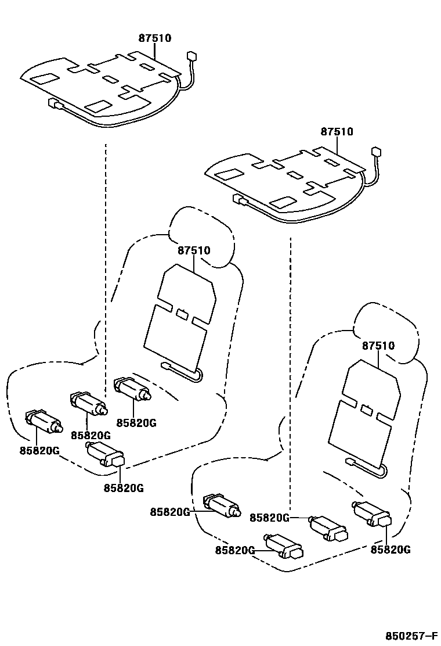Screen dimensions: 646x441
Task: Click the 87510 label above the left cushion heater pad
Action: click(155, 38)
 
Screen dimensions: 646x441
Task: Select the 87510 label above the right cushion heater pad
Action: click(337, 132)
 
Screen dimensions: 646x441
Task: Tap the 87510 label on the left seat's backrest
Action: click(194, 250)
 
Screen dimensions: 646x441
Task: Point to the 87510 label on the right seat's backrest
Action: click(378, 346)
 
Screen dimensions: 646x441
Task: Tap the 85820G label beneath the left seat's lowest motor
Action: click(124, 488)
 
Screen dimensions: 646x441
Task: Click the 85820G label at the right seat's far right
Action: click(391, 549)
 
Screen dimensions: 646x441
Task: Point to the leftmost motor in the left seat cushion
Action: click(44, 421)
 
